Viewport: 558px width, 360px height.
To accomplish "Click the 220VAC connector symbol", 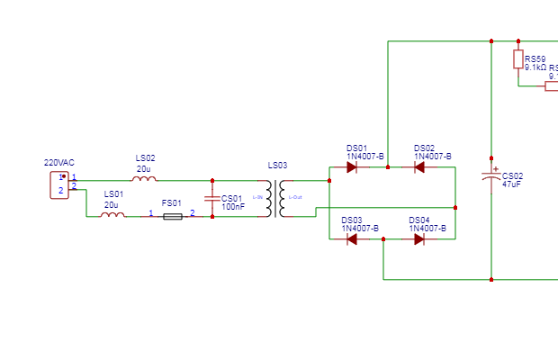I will click(x=58, y=184).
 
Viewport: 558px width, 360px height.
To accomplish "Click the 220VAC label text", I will click(x=59, y=163).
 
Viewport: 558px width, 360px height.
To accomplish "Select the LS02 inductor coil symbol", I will click(x=144, y=179).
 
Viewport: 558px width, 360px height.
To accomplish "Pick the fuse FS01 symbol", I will click(x=171, y=216).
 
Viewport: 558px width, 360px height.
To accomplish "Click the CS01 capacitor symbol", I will click(x=212, y=198).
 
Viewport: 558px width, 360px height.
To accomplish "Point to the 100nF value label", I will click(x=233, y=207).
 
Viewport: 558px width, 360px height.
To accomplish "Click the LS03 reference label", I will click(x=278, y=166).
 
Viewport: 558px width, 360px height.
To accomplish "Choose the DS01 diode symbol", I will click(x=351, y=167).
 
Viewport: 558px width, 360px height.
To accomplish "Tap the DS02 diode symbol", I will click(x=418, y=167).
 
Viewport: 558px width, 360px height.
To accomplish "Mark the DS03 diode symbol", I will click(x=351, y=239).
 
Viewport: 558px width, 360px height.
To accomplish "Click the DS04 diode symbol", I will click(x=418, y=239).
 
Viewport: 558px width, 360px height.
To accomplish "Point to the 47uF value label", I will click(x=512, y=184).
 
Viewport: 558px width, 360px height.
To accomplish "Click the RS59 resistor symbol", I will click(x=518, y=59).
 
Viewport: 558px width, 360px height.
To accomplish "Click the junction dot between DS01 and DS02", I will click(x=388, y=167).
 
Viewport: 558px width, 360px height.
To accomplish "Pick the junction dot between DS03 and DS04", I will click(x=383, y=239).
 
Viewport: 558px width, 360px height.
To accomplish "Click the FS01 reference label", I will click(x=171, y=203).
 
